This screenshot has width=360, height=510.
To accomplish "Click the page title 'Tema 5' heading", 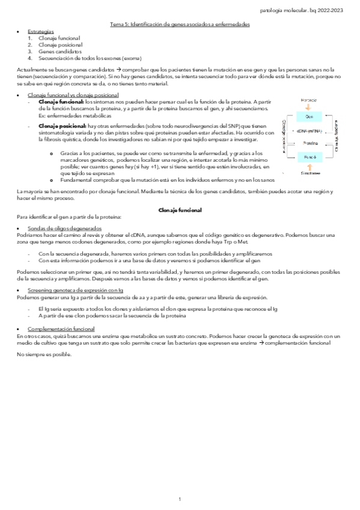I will pos(180,24).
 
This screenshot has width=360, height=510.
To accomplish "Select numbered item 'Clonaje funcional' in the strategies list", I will pos(59,38).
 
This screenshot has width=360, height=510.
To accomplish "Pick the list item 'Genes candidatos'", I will pos(59,52).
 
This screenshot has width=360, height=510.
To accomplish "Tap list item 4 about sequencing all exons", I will pos(90,58).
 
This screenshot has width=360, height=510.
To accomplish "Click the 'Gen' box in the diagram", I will pos(309,117).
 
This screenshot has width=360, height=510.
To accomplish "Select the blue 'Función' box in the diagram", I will pos(309,157).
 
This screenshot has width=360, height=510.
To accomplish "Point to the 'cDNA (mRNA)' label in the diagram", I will pos(309,131).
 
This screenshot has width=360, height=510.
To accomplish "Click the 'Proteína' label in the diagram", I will pos(309,143).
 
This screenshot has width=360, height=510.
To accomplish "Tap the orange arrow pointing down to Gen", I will pos(309,108).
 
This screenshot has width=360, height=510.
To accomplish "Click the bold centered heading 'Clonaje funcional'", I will pos(180,210).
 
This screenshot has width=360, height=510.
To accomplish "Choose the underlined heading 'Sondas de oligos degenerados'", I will pos(65,229).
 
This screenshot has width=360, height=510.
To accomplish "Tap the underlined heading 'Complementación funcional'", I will pos(61,330).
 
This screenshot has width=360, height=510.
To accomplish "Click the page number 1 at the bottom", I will pos(180,499).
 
